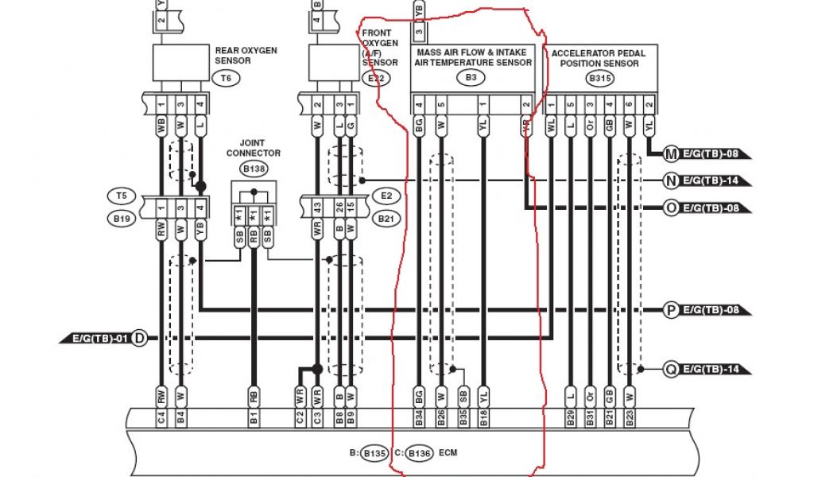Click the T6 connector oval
(x=226, y=78)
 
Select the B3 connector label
(x=471, y=78)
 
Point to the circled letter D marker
(x=139, y=339)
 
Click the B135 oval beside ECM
(x=373, y=453)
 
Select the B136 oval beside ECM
(x=418, y=453)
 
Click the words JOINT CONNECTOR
(x=253, y=149)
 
